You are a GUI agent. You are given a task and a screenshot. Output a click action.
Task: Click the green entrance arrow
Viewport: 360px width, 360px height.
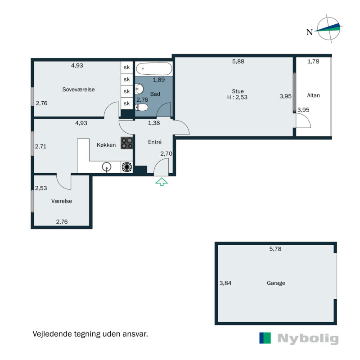(x=162, y=181)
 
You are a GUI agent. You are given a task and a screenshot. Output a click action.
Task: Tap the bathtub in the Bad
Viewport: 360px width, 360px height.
(x=154, y=69)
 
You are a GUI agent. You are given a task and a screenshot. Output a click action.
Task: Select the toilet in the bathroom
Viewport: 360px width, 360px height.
(x=141, y=107)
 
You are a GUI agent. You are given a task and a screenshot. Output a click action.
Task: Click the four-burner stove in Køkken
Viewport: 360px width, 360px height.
(x=127, y=143)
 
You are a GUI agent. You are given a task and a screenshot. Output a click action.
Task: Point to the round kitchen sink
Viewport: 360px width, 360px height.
(x=107, y=167)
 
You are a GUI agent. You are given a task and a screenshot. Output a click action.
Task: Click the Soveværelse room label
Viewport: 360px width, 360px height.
(x=78, y=89)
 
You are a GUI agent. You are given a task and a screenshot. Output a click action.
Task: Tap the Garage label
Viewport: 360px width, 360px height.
(x=276, y=283)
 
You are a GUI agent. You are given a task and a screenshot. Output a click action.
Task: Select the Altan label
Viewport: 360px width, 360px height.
(x=313, y=95)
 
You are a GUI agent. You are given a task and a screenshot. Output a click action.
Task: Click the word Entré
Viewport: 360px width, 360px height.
(x=155, y=142)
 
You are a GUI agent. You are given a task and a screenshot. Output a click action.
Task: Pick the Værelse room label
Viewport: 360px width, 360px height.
(x=62, y=201)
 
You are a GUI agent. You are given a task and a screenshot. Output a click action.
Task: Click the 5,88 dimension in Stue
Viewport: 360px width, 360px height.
(x=238, y=61)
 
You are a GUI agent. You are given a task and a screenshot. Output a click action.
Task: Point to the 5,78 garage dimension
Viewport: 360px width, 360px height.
(x=275, y=249)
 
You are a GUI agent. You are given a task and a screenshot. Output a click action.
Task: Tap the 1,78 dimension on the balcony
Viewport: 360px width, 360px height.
(x=313, y=61)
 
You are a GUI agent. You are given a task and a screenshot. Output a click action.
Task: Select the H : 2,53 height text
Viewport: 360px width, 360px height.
(x=238, y=97)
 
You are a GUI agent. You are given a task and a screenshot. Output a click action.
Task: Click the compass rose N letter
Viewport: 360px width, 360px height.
(x=310, y=32)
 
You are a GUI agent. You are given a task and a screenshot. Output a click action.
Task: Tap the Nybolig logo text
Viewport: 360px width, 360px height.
(x=308, y=338)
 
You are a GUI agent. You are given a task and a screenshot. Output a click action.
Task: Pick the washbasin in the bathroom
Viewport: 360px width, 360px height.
(x=139, y=89)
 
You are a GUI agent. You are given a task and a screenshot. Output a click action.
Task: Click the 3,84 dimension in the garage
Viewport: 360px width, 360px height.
(x=225, y=283)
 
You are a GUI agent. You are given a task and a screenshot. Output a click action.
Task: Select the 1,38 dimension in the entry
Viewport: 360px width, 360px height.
(x=154, y=123)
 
